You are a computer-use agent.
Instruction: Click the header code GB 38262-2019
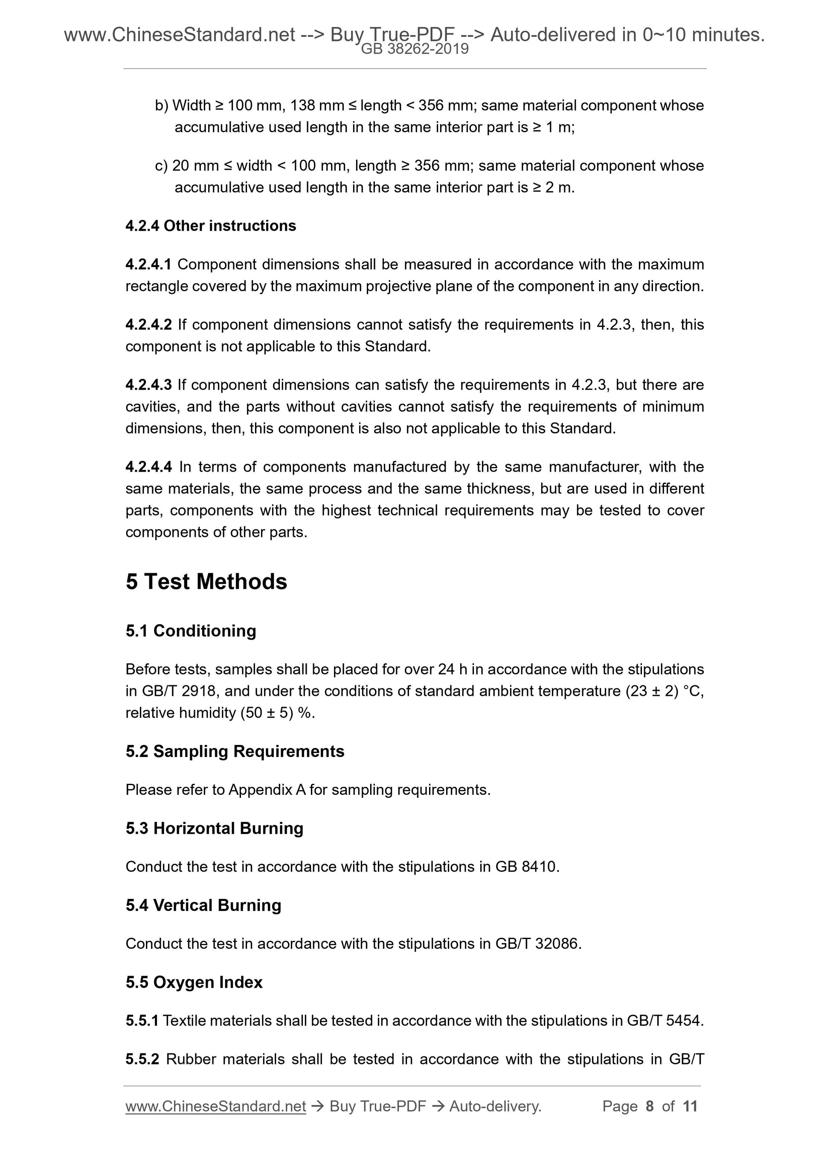(x=415, y=49)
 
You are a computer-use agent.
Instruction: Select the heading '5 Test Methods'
(x=206, y=582)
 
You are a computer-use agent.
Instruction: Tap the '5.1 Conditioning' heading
(x=191, y=631)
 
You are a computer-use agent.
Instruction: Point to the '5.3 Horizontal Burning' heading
(x=214, y=828)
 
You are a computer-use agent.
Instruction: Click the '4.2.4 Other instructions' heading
(x=211, y=226)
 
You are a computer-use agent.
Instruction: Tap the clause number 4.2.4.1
(x=148, y=264)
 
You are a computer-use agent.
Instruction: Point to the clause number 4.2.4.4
(x=149, y=467)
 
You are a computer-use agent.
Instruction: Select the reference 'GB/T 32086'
(x=537, y=943)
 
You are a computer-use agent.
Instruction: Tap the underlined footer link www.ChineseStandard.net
(x=216, y=1106)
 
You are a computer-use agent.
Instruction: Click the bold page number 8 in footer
(x=650, y=1106)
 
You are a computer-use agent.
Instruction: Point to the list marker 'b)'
(x=162, y=105)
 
